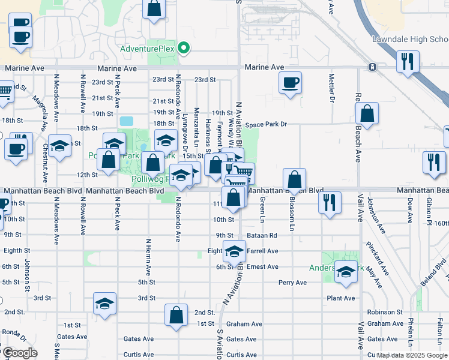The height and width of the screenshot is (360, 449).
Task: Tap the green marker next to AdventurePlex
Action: point(185,48)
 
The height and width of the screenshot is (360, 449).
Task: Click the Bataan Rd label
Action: point(264,236)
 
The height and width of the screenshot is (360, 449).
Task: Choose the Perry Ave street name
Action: point(292,283)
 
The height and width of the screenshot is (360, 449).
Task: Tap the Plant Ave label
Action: point(340,298)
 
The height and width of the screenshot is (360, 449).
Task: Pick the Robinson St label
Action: point(385,312)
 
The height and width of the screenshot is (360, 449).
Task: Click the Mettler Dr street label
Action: point(331,89)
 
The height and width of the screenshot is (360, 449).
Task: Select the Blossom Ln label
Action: point(292,214)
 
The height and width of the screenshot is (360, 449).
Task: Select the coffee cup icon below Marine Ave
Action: point(290,83)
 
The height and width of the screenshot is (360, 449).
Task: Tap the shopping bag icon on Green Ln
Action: point(295,179)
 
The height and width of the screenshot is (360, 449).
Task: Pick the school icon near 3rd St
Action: point(104,304)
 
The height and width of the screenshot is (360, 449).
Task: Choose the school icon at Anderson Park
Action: point(346,272)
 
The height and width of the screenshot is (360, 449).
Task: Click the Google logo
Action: point(19,353)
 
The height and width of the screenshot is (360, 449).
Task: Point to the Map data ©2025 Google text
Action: point(412,355)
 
